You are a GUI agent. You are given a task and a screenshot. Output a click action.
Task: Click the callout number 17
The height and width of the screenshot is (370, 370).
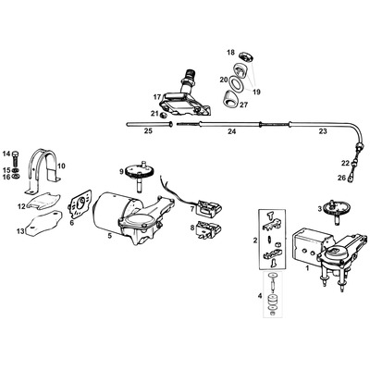click(x=157, y=95)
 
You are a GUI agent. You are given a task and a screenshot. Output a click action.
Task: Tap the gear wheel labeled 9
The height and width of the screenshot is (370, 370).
click(x=144, y=173)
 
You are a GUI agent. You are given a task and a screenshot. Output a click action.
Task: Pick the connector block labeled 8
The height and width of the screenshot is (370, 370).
click(x=203, y=228)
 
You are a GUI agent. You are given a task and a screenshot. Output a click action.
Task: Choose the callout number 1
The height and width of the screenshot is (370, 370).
click(x=308, y=268)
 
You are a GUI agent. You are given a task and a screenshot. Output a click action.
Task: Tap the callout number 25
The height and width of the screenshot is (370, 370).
click(x=149, y=131)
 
